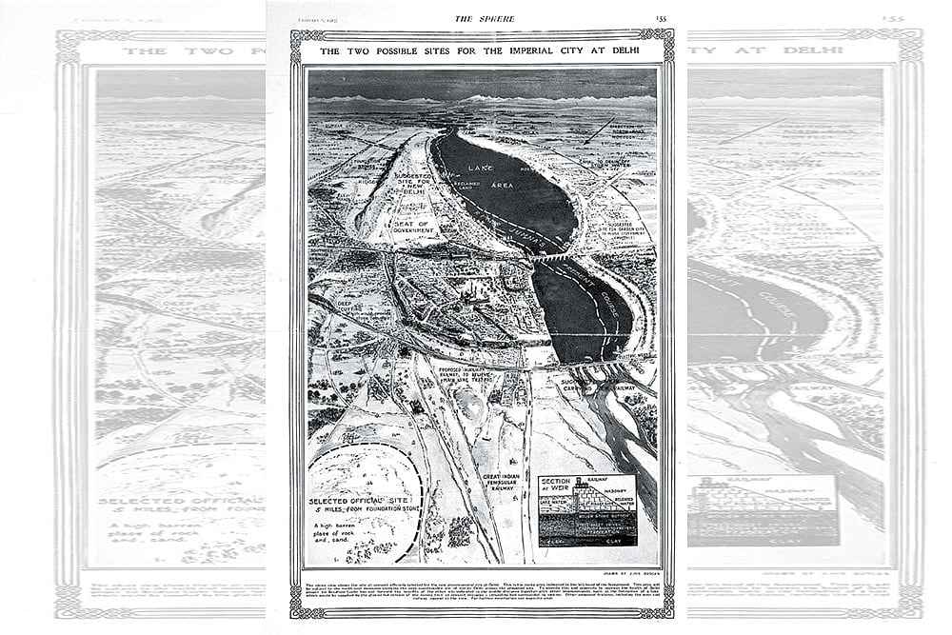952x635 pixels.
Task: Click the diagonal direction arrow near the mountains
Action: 598,130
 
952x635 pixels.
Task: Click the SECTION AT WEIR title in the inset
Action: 555,487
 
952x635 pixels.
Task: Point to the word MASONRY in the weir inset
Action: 619,492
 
